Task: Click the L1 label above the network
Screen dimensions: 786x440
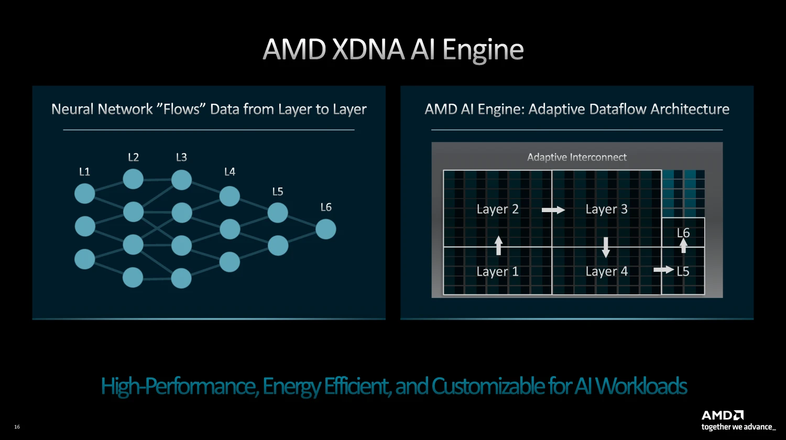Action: [84, 172]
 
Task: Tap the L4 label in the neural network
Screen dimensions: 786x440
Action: [230, 172]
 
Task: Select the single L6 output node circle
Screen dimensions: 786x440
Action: [325, 229]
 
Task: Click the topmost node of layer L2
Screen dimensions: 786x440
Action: [133, 179]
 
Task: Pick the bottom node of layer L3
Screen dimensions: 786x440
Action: [181, 278]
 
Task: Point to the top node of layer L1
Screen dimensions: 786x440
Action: [84, 193]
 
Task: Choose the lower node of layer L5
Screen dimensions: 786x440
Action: [278, 245]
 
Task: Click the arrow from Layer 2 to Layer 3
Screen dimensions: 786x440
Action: [553, 210]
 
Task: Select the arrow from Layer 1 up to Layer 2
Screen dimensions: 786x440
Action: [498, 245]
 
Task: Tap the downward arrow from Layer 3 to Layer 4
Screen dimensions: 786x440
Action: [606, 247]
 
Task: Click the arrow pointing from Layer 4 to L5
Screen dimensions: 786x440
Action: [663, 270]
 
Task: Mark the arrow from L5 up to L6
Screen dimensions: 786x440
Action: [683, 245]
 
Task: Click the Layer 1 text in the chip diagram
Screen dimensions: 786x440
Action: [497, 271]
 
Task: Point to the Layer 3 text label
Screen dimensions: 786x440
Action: [606, 210]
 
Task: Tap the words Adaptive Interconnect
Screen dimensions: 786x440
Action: [577, 157]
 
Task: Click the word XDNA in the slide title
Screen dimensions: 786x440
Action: [368, 49]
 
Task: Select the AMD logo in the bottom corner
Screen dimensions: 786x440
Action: [723, 415]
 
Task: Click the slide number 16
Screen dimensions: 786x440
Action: [17, 427]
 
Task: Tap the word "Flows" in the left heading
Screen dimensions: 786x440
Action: [181, 109]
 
